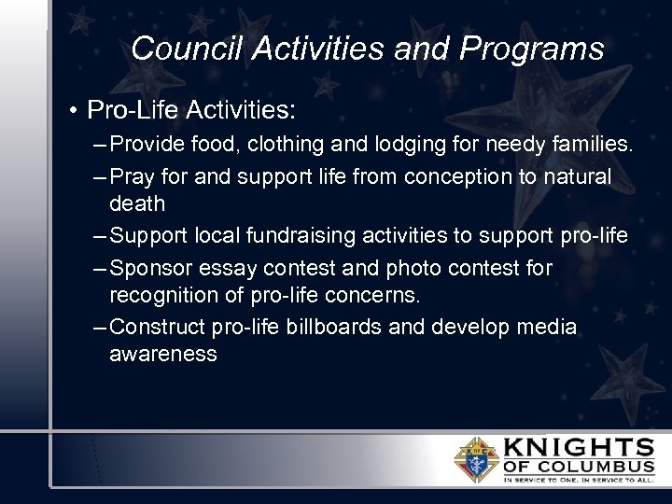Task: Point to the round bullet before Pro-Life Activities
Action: (x=72, y=112)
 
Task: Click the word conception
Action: (x=470, y=177)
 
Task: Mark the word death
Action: (x=136, y=203)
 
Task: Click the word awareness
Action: (x=162, y=355)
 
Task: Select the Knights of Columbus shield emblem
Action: (x=476, y=458)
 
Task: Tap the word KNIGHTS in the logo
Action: (x=579, y=446)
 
